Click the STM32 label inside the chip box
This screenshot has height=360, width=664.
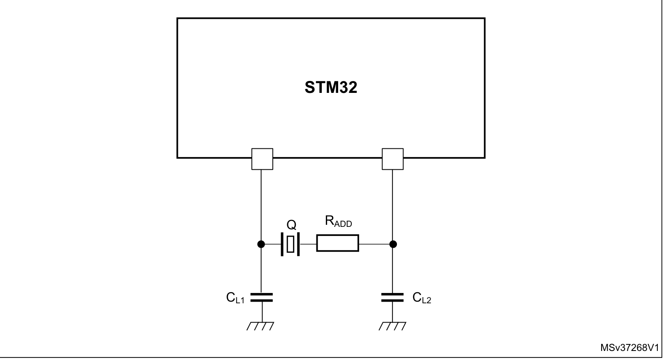pos(331,88)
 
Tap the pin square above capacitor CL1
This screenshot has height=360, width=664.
pos(262,159)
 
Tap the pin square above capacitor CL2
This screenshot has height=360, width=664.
pos(392,159)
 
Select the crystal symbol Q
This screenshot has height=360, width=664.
pos(290,244)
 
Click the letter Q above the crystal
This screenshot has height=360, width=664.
pos(291,225)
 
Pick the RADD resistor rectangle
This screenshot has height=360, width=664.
pos(338,243)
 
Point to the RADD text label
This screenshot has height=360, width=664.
pos(338,221)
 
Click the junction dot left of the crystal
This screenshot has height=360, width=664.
pos(261,244)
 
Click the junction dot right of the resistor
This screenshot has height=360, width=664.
pos(393,244)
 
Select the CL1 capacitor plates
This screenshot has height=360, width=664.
pos(262,298)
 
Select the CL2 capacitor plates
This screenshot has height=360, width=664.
pos(392,298)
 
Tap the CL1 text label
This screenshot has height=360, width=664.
pos(235,298)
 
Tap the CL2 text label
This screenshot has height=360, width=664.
pos(422,298)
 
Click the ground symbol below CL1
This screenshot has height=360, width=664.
pos(261,326)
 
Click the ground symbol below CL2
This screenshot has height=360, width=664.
pos(392,326)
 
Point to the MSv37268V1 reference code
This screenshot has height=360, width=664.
pos(629,348)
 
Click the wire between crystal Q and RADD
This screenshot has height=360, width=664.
pos(308,244)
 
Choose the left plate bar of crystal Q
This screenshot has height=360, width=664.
pos(282,244)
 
